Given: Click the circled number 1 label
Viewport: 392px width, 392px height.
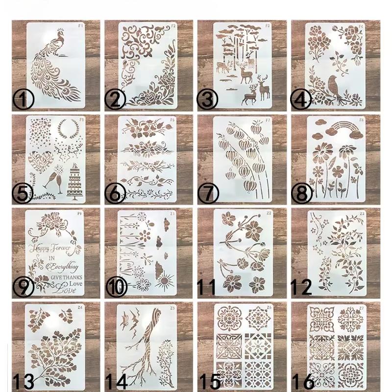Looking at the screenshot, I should [x=23, y=101].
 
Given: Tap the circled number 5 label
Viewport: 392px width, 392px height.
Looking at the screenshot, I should [x=23, y=194].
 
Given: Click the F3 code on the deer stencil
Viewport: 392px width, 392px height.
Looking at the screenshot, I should [x=267, y=25].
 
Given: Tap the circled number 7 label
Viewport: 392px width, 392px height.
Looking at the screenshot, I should [x=209, y=194].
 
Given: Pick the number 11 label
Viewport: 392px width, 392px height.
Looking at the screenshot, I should [x=209, y=287].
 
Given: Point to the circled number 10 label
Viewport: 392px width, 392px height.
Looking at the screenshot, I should [x=117, y=288].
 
